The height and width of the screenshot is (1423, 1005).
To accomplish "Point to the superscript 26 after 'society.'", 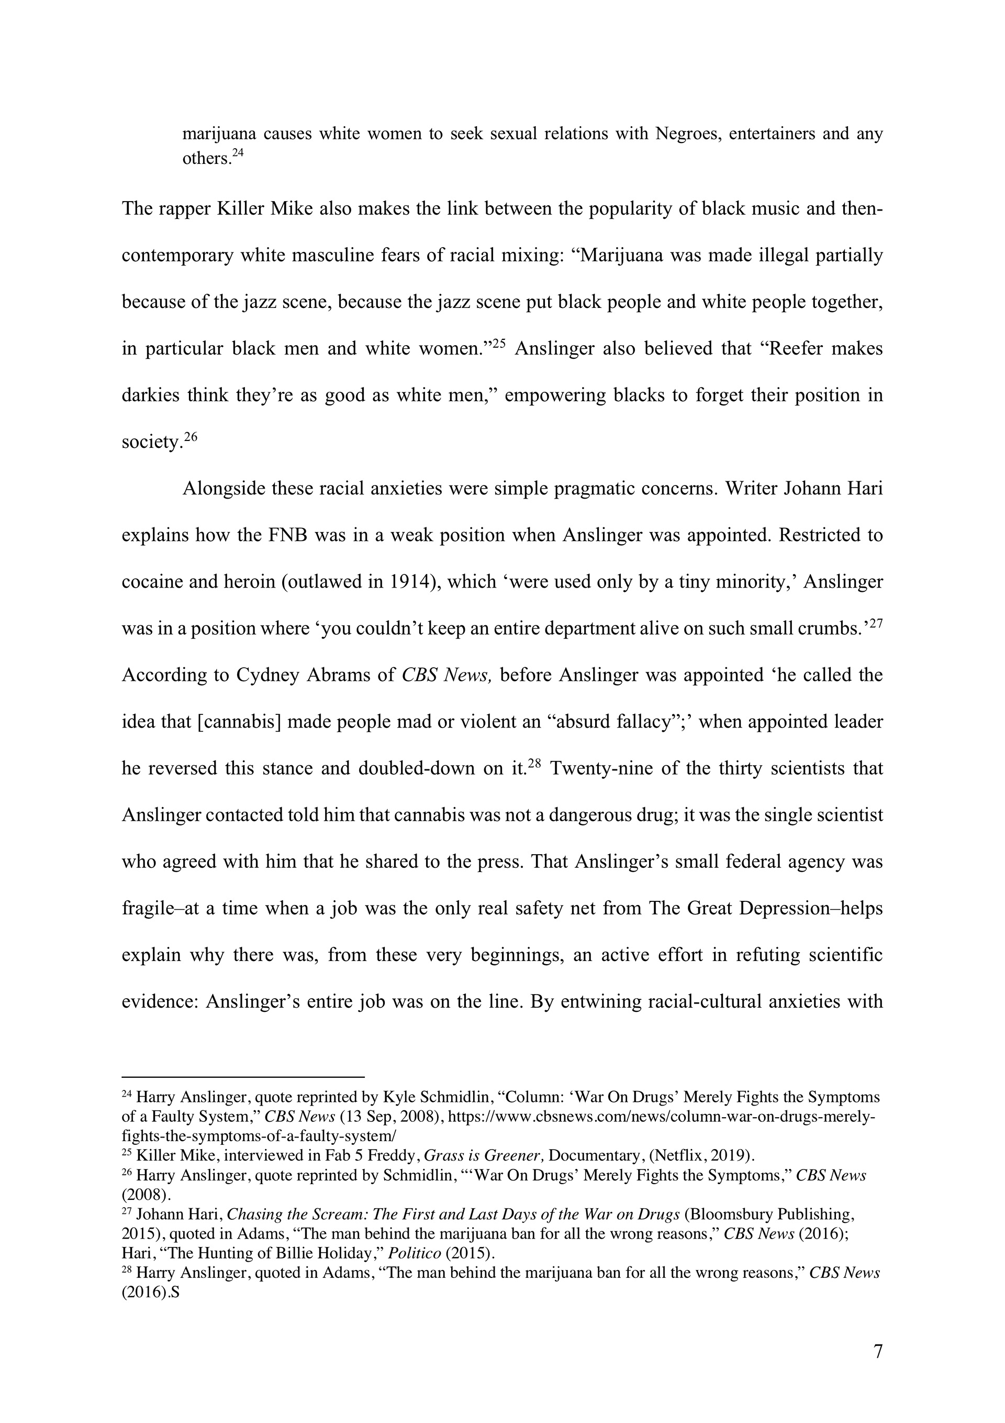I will (190, 436).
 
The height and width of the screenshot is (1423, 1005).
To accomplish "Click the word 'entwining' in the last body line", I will (599, 1001).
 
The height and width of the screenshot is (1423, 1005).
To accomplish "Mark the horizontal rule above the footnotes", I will (243, 1078).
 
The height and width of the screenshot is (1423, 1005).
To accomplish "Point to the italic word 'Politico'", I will (415, 1253).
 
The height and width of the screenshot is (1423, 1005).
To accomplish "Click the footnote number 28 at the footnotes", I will (127, 1271).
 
